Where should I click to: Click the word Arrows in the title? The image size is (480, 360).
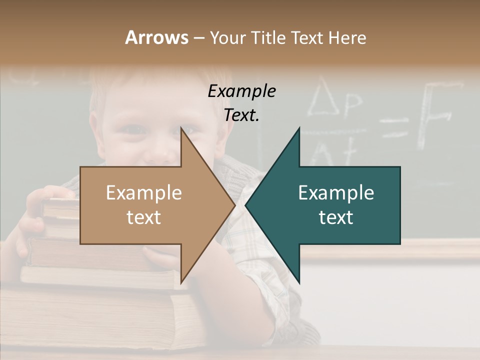[156, 37]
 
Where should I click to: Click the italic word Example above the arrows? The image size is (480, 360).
[241, 91]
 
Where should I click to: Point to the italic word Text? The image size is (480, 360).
[241, 115]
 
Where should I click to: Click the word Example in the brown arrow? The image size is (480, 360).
[143, 192]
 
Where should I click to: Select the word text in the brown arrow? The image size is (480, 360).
[143, 217]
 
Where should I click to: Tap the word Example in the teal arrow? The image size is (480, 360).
[336, 192]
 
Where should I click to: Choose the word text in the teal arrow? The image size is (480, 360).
[336, 217]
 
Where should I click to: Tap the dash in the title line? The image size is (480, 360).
[198, 38]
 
